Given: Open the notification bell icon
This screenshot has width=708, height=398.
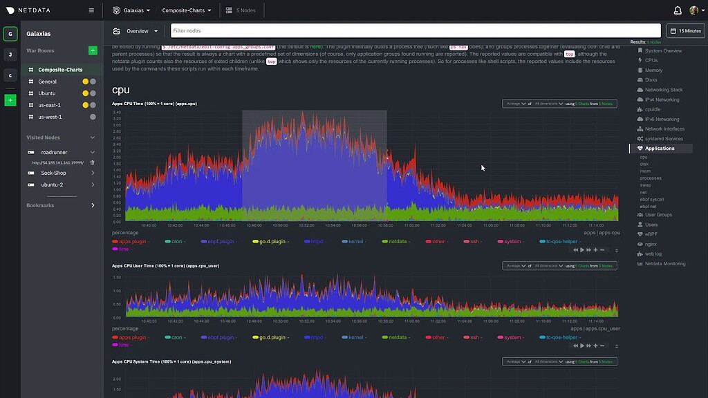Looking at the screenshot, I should (678, 10).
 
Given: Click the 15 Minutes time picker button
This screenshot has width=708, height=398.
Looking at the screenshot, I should (686, 31).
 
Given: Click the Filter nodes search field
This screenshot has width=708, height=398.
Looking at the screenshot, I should (415, 31).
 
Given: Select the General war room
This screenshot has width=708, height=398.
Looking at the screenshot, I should (48, 82).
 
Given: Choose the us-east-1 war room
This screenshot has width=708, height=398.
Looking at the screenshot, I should (50, 105).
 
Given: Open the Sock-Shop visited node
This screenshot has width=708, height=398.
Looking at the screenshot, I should (53, 173).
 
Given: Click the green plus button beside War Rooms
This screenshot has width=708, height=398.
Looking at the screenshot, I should (93, 50).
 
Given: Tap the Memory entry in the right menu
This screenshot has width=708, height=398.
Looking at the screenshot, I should (653, 70).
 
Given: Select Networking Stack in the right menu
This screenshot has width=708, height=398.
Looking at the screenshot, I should (664, 90).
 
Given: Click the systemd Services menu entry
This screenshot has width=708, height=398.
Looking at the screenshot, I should (664, 139).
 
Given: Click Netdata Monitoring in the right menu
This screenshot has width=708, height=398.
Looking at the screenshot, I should (665, 264).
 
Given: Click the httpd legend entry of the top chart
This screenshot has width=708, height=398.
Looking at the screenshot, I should (316, 241).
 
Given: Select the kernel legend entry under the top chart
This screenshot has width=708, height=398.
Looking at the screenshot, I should (355, 241).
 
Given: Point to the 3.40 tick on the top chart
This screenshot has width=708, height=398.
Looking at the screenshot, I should (117, 112).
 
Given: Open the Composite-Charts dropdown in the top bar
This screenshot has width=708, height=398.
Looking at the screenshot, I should (187, 10).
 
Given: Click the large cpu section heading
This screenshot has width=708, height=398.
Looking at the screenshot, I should (121, 90).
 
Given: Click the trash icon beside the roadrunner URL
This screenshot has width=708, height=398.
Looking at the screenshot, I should (93, 162).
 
